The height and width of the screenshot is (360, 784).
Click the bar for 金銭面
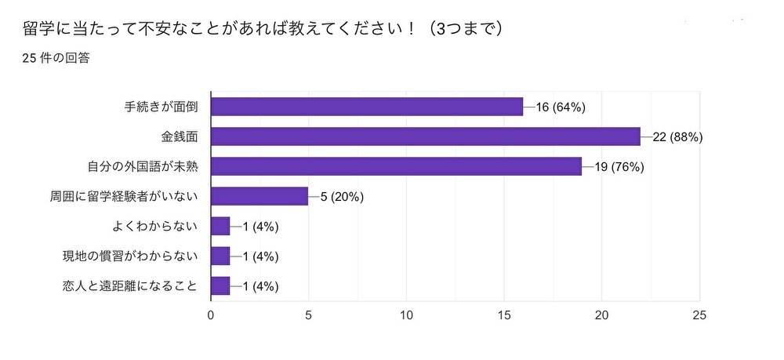(x=426, y=136)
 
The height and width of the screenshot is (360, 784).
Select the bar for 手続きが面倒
(x=367, y=107)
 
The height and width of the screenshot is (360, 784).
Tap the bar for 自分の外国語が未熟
(x=396, y=166)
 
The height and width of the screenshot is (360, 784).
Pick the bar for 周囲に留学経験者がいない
(x=260, y=196)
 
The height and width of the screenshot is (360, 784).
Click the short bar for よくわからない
(x=220, y=226)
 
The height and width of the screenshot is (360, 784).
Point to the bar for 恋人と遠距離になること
(x=220, y=285)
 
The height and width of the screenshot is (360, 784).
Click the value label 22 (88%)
(x=677, y=136)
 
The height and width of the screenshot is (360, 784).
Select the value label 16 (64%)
(x=561, y=107)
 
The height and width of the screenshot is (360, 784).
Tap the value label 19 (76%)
(x=619, y=166)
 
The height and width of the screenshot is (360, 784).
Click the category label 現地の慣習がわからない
(x=129, y=256)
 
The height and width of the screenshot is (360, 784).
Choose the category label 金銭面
(x=179, y=136)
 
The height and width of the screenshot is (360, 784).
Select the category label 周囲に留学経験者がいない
(x=123, y=196)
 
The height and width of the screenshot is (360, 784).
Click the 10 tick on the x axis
(x=406, y=315)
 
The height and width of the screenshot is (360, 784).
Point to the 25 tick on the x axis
(x=699, y=315)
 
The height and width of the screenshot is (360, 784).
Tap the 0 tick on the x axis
(x=211, y=315)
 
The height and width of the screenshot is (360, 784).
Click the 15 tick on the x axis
(x=504, y=315)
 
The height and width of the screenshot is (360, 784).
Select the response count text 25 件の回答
(x=56, y=58)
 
